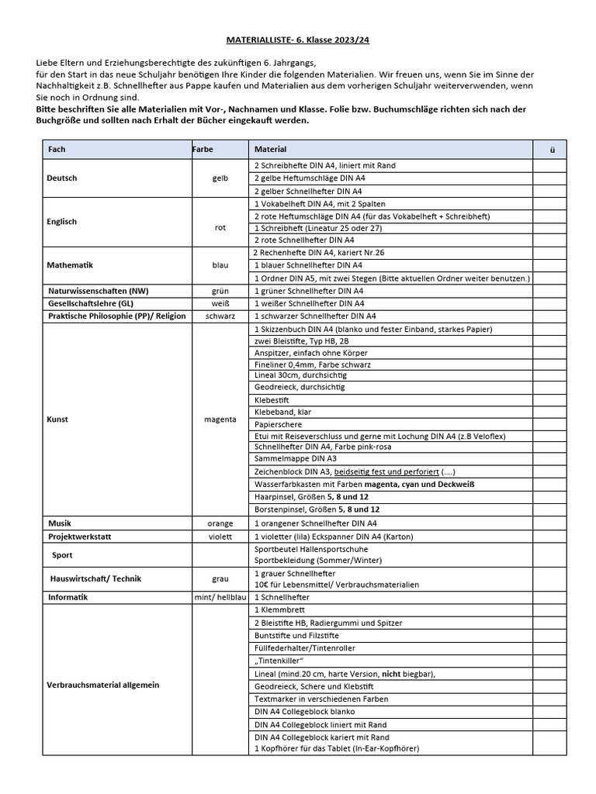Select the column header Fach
click(57, 149)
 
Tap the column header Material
click(270, 149)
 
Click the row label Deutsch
click(62, 178)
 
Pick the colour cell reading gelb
click(220, 178)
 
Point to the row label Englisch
click(63, 222)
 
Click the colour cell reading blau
click(220, 265)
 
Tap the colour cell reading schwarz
click(220, 316)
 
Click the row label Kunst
click(58, 419)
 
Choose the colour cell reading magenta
click(220, 419)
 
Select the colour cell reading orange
click(220, 523)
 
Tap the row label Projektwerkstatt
click(78, 536)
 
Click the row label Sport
click(62, 555)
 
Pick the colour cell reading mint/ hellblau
click(220, 598)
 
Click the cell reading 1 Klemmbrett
click(276, 610)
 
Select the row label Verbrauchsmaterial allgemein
click(103, 685)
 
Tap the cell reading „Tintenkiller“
click(279, 661)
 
